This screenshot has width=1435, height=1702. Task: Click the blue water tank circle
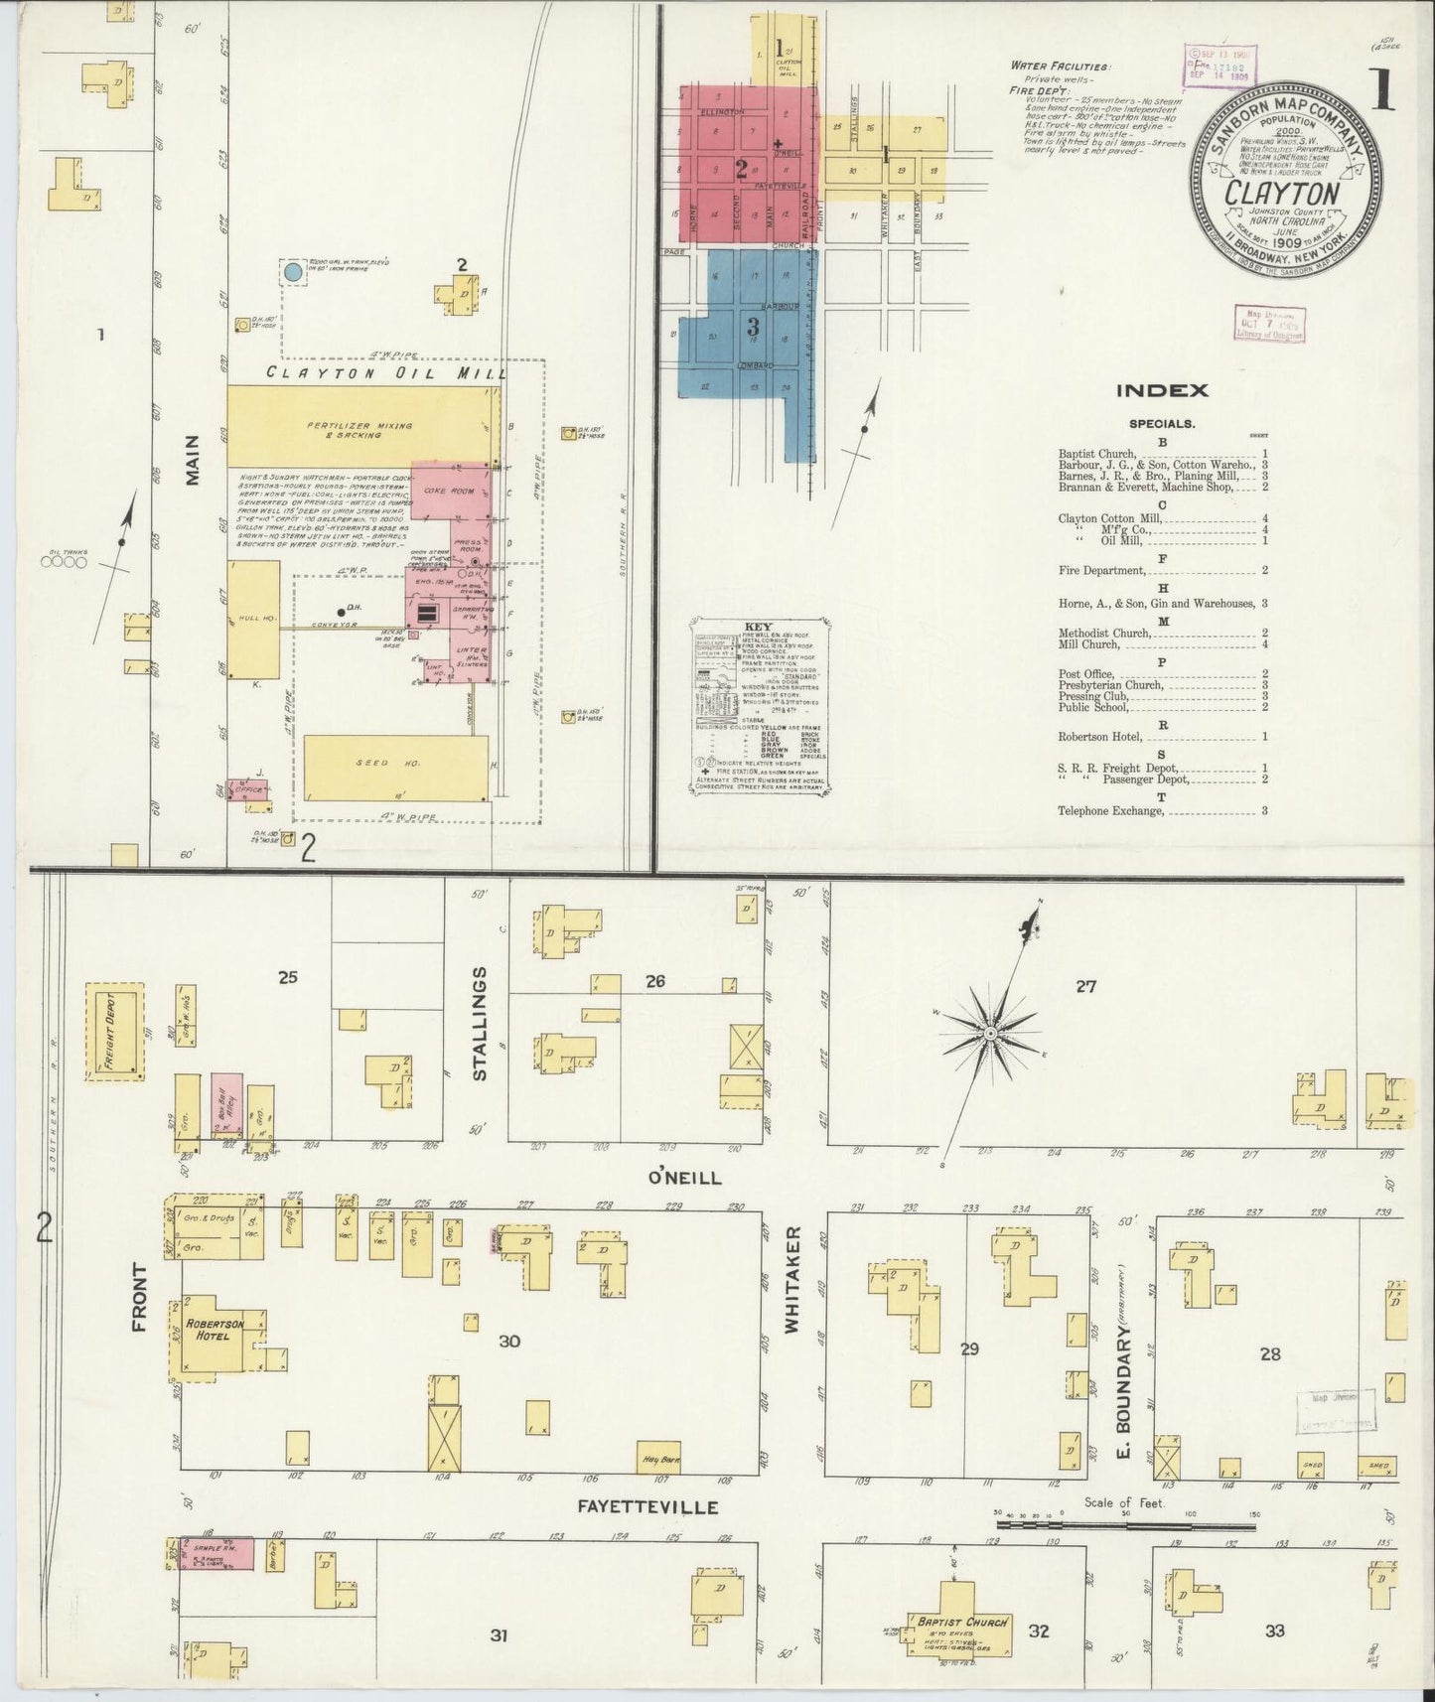(x=293, y=270)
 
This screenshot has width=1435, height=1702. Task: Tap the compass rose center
(x=990, y=1035)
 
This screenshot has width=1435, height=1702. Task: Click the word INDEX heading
(x=1162, y=390)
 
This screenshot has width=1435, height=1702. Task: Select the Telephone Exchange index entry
(x=1110, y=810)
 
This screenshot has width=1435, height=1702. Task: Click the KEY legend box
(x=761, y=708)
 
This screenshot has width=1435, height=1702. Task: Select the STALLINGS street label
(x=480, y=1022)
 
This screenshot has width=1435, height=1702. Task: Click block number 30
(x=508, y=1342)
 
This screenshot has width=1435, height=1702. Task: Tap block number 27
(x=1085, y=986)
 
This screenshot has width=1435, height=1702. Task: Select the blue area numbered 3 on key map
(x=753, y=327)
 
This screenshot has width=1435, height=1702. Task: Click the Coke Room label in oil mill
(x=439, y=490)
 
